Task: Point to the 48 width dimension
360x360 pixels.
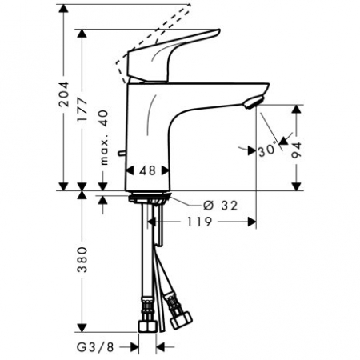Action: (147, 170)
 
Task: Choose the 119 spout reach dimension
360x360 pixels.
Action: (200, 222)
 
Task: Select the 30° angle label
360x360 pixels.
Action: (266, 148)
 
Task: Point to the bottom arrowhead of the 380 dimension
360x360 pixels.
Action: (82, 330)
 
